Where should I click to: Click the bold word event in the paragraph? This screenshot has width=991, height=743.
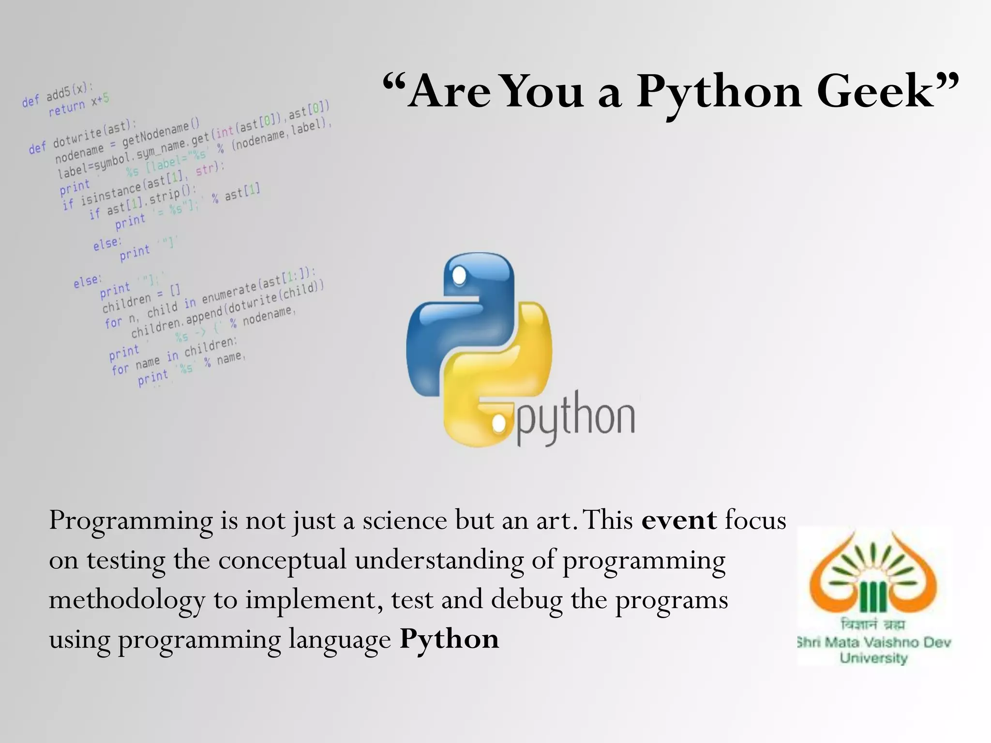(679, 520)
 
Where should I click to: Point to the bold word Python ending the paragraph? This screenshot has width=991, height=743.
(449, 639)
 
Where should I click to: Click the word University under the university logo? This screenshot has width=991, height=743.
(873, 658)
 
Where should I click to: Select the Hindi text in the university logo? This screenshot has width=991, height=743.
(873, 624)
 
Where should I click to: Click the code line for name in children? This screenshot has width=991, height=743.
(174, 357)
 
